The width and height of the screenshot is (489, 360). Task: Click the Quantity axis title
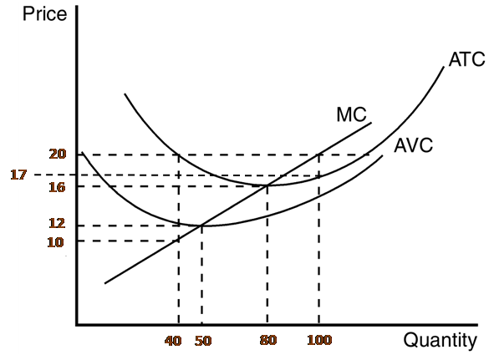(x=441, y=341)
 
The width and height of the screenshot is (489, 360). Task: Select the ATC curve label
(x=466, y=61)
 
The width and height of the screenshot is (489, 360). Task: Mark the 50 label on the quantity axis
(x=203, y=342)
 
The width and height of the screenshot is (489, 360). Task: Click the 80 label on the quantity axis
(x=267, y=342)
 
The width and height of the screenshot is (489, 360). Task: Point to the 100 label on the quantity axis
(x=318, y=342)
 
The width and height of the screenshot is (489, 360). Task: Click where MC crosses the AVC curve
(x=201, y=226)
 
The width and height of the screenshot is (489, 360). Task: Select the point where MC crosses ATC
(x=267, y=185)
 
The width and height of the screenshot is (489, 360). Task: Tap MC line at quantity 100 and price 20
(x=318, y=155)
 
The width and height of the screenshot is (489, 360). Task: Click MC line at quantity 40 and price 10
(x=179, y=241)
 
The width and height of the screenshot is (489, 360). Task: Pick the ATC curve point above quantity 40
(x=179, y=155)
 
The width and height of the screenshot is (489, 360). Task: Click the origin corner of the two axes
(x=76, y=325)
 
